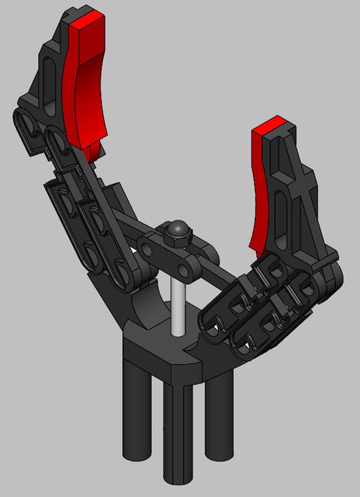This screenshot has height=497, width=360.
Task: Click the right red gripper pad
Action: [263, 186]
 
